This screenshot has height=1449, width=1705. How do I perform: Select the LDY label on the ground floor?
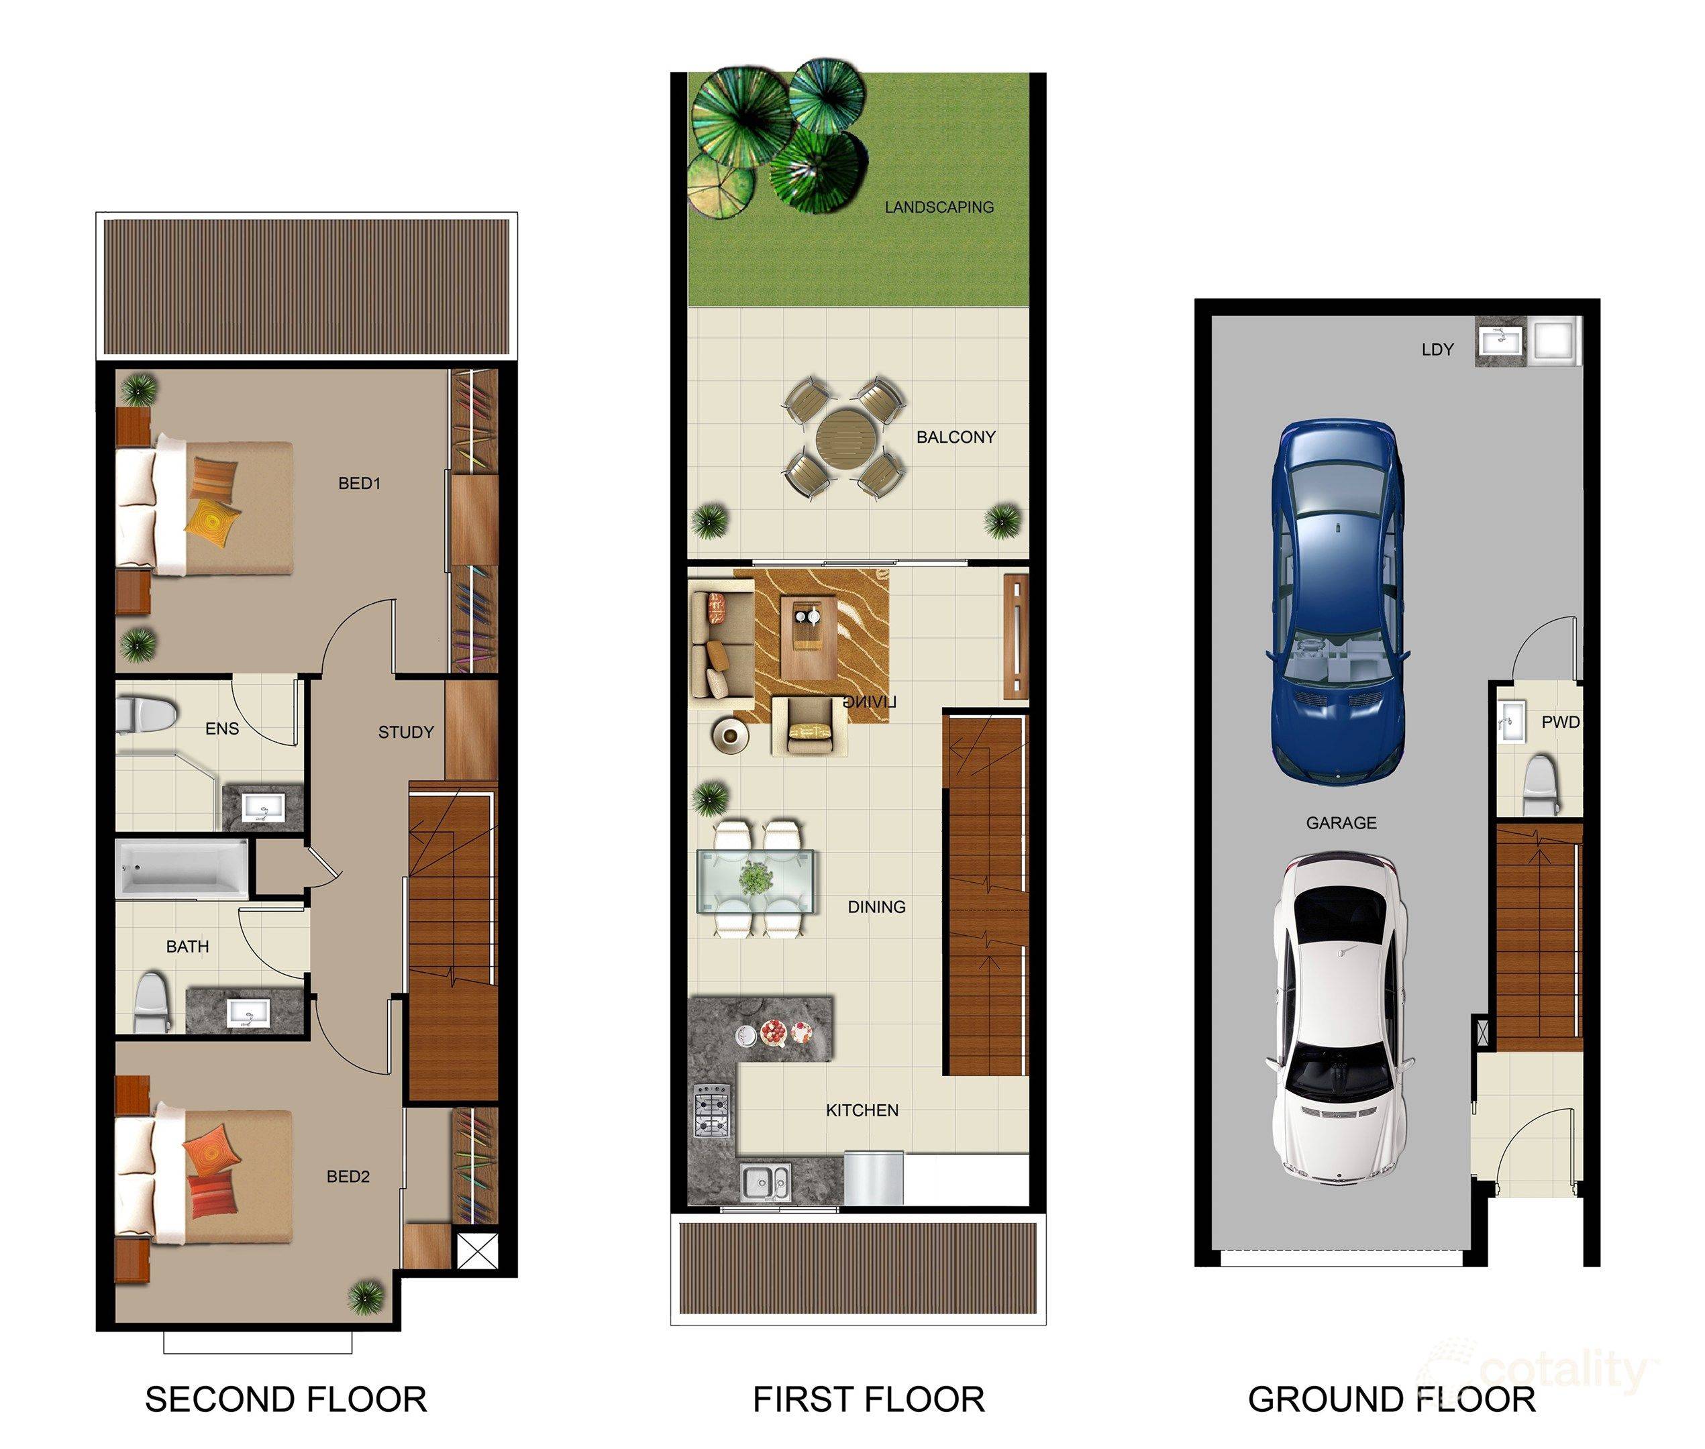point(1437,349)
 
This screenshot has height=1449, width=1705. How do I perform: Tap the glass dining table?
point(756,881)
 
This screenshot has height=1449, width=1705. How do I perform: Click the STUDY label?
point(405,732)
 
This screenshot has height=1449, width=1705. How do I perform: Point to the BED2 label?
point(348,1176)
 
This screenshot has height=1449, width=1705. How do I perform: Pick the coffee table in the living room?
point(808,637)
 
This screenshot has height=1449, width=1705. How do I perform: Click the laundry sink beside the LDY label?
point(1501,339)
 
